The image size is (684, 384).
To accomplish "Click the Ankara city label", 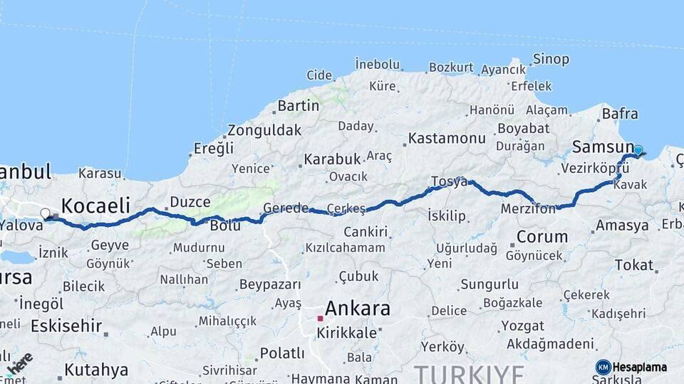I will pyautogui.click(x=358, y=309).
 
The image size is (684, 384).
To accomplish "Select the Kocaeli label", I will pyautogui.click(x=95, y=206).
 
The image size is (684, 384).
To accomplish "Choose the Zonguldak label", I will pyautogui.click(x=264, y=131).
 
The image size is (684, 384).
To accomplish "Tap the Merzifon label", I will pyautogui.click(x=528, y=210).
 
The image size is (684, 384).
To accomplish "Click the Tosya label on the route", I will pyautogui.click(x=449, y=182).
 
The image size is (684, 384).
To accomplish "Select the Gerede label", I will pyautogui.click(x=286, y=208).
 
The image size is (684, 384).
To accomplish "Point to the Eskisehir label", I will pyautogui.click(x=66, y=326).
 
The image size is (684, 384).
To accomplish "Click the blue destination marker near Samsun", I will pyautogui.click(x=638, y=150).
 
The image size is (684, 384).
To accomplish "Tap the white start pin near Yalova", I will pyautogui.click(x=46, y=213).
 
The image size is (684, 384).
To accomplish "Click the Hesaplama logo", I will pyautogui.click(x=631, y=367).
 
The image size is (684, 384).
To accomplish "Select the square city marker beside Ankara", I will pyautogui.click(x=320, y=318).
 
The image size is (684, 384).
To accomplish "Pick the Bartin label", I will pyautogui.click(x=299, y=106).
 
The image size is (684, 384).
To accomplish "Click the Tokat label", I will pyautogui.click(x=633, y=265).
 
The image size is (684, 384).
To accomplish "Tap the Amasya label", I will pyautogui.click(x=622, y=225).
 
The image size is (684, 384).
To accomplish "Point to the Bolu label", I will pyautogui.click(x=225, y=225).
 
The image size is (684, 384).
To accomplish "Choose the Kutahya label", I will pyautogui.click(x=96, y=370).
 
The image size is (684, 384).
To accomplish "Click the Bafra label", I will pyautogui.click(x=620, y=114).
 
